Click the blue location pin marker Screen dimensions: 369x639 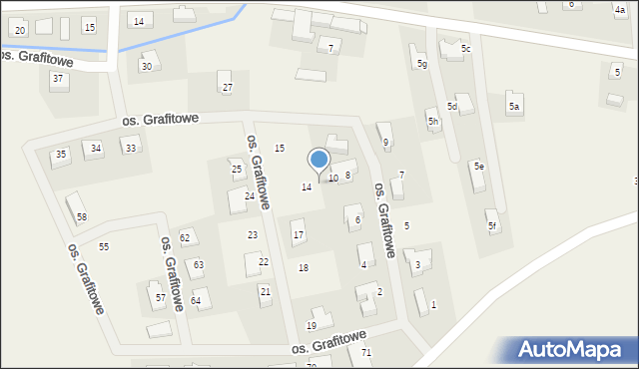(319, 160)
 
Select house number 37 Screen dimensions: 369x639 (58, 78)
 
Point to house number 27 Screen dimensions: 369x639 (228, 88)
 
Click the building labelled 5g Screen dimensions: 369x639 (422, 64)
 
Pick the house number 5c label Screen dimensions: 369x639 (465, 48)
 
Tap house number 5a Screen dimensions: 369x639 (514, 106)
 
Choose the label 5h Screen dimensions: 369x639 (433, 122)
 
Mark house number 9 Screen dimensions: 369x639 (385, 142)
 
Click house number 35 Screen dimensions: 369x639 (61, 154)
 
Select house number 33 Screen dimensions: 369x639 (130, 148)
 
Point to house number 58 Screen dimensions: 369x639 (82, 216)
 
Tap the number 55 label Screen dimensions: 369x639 (104, 246)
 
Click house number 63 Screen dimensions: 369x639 (199, 264)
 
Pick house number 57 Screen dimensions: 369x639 (160, 297)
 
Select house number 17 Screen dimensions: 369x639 (298, 235)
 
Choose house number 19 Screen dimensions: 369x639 (312, 325)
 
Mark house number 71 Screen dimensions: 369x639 (366, 353)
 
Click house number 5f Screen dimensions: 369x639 (491, 225)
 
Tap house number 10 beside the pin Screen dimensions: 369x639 (333, 178)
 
